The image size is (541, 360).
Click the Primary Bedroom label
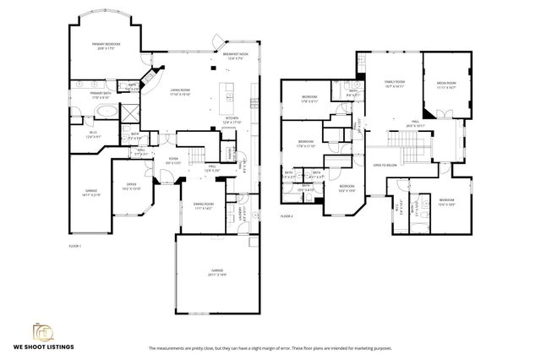106,46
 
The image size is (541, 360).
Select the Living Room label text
179,90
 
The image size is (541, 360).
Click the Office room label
132,186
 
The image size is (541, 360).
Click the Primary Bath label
101,94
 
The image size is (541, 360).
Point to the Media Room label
445,85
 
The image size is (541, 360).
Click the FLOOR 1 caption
74,245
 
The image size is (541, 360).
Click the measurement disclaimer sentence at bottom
270,347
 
